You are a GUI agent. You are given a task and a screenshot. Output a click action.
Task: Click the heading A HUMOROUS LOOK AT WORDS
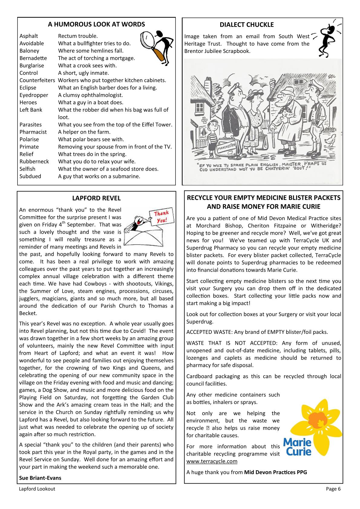pyautogui.click(x=96, y=24)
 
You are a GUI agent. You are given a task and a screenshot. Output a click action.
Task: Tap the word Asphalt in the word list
pyautogui.click(x=29, y=36)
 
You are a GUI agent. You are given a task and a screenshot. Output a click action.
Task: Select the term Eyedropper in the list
pyautogui.click(x=34, y=95)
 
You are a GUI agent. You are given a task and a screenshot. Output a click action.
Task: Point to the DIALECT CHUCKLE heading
pyautogui.click(x=247, y=25)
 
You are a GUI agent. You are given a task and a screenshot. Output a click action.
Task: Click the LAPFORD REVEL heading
pyautogui.click(x=96, y=198)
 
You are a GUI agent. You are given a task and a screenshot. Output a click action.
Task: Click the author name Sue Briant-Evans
pyautogui.click(x=40, y=478)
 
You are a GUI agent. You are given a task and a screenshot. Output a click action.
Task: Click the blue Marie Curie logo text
pyautogui.click(x=297, y=447)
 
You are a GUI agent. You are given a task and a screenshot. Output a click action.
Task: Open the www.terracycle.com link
pyautogui.click(x=212, y=461)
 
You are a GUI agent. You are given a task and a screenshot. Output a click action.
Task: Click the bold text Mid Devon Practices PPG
pyautogui.click(x=275, y=472)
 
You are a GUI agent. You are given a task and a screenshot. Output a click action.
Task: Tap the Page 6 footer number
pyautogui.click(x=333, y=489)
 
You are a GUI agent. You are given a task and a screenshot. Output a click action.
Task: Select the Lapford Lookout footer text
pyautogui.click(x=37, y=489)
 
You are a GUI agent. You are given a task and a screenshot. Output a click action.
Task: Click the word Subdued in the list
pyautogui.click(x=30, y=176)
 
